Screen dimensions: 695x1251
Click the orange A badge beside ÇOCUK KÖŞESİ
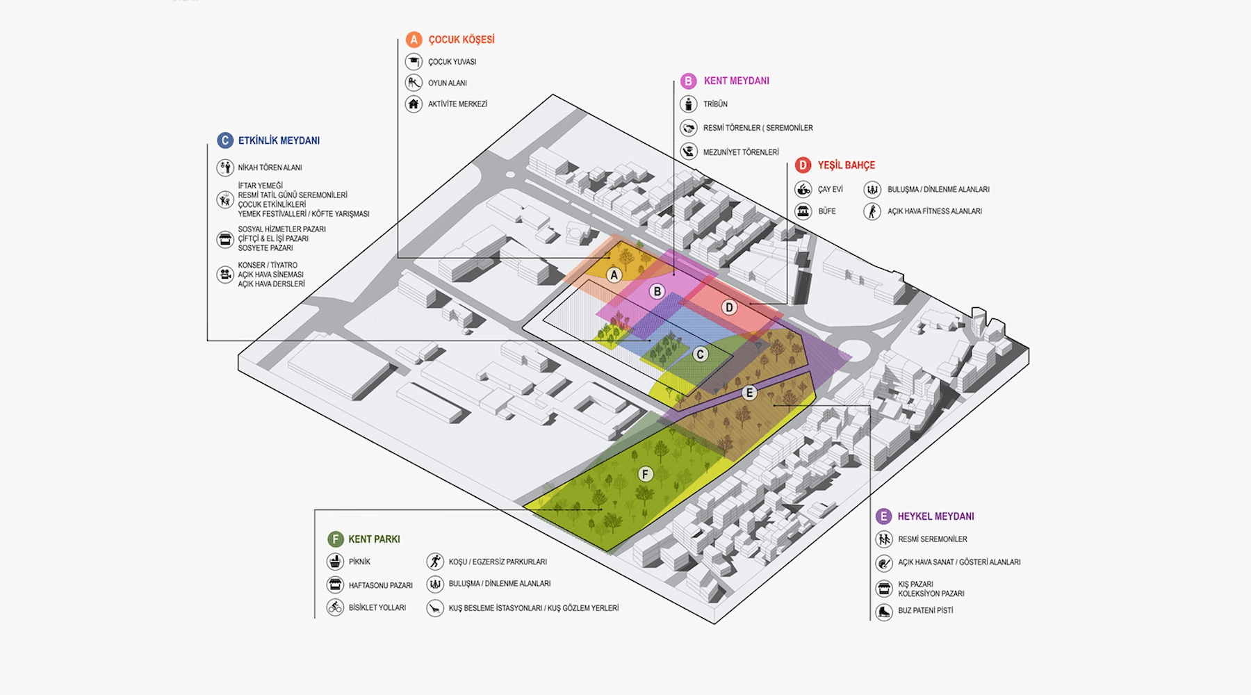414,40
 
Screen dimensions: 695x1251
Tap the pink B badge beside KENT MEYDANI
688,81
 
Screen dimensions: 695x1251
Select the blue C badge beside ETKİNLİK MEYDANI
224,140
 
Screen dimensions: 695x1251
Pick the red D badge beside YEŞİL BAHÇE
803,165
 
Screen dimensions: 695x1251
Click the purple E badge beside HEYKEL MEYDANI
883,516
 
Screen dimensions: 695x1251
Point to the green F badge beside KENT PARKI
335,539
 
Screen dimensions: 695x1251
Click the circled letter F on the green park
646,474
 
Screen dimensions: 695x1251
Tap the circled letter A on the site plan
614,275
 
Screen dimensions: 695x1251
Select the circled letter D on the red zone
729,307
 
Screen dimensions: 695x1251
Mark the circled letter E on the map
749,393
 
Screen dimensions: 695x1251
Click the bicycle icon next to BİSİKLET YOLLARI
335,607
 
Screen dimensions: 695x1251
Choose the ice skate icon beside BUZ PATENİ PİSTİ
883,612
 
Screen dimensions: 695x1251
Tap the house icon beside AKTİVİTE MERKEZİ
414,104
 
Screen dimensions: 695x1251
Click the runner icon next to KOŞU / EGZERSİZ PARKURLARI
435,562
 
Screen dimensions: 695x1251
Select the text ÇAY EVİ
830,190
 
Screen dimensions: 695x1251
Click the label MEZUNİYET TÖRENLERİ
741,152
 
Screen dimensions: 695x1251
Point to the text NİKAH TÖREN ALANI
270,167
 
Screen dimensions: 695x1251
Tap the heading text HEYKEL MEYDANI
935,516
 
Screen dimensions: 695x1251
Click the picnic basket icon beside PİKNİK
335,562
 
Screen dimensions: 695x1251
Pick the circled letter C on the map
701,354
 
